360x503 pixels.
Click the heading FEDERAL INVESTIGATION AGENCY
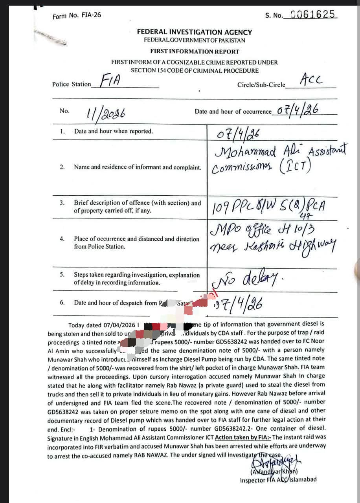pos(195,32)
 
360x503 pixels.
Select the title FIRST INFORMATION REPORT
pos(195,51)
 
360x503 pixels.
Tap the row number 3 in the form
pos(62,203)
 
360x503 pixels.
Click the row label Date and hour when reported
pos(113,131)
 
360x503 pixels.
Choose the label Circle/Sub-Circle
pos(261,85)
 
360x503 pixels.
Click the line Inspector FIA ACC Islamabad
pos(278,480)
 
